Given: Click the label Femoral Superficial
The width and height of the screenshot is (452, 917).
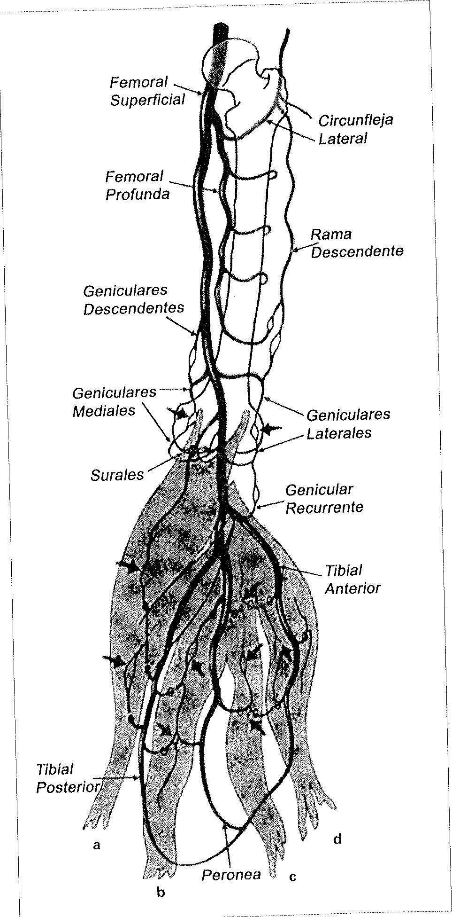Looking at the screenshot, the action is (x=147, y=91).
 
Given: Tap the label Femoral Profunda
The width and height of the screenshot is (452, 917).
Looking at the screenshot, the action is (x=137, y=185).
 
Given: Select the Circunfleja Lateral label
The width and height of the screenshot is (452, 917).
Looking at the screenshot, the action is (x=355, y=129).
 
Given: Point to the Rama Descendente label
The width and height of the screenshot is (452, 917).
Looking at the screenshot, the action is (x=357, y=243).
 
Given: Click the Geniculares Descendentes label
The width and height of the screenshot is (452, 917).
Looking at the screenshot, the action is (x=133, y=299).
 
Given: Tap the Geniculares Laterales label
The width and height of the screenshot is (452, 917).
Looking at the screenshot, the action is (x=347, y=423).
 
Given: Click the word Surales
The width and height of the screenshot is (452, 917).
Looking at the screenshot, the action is (x=117, y=474).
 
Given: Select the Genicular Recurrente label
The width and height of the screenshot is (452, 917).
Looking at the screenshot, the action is (x=323, y=498).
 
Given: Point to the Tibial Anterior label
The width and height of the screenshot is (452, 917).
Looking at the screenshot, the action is (x=352, y=579).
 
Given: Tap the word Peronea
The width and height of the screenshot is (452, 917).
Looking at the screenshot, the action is (x=230, y=874).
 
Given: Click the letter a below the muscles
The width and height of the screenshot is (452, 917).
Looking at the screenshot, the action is (x=97, y=846).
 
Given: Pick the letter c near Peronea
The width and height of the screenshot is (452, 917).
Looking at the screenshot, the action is (x=292, y=877).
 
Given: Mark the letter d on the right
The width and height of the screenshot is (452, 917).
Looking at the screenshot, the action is (x=337, y=839).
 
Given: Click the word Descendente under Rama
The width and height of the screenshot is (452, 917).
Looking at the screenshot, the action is (x=357, y=251).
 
